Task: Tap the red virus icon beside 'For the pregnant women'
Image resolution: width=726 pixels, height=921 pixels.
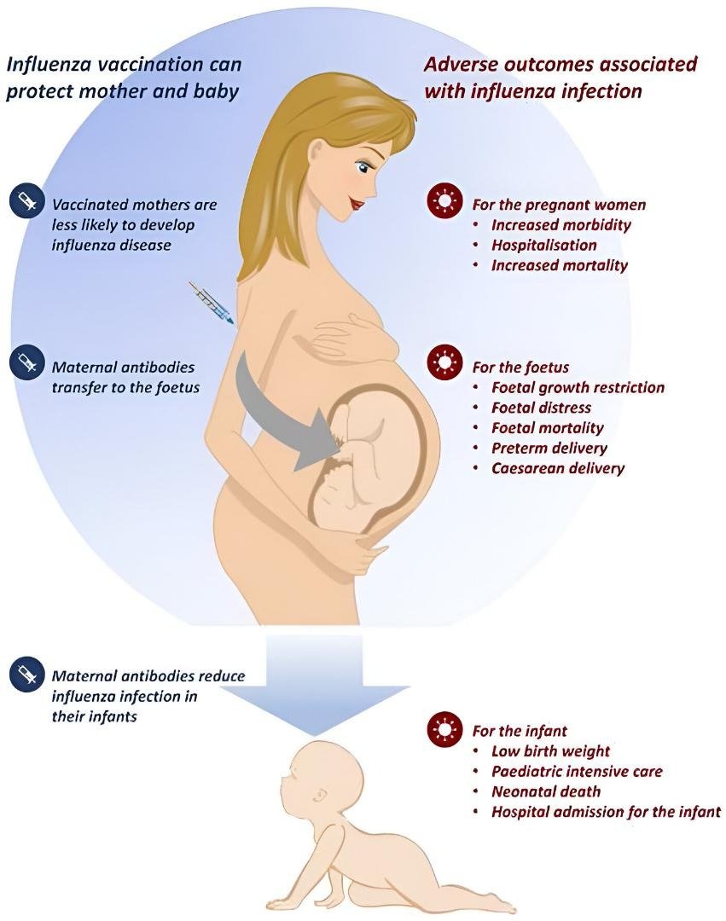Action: (443, 203)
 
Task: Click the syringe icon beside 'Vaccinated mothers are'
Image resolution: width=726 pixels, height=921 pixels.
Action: (26, 203)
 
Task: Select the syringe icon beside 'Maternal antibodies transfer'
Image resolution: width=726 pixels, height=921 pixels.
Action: (26, 361)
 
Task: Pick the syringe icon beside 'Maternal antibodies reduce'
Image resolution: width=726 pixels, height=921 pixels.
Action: (26, 675)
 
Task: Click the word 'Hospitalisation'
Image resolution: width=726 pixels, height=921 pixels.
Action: (543, 246)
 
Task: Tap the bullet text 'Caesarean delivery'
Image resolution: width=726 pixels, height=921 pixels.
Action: (558, 468)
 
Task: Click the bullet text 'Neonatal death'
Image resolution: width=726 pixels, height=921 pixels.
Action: (545, 791)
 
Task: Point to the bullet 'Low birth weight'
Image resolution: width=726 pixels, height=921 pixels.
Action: (550, 751)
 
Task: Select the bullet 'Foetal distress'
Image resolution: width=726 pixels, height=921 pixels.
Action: (541, 408)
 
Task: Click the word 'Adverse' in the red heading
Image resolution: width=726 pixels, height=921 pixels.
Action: (462, 65)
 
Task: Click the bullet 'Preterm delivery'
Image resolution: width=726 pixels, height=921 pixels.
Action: (549, 448)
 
